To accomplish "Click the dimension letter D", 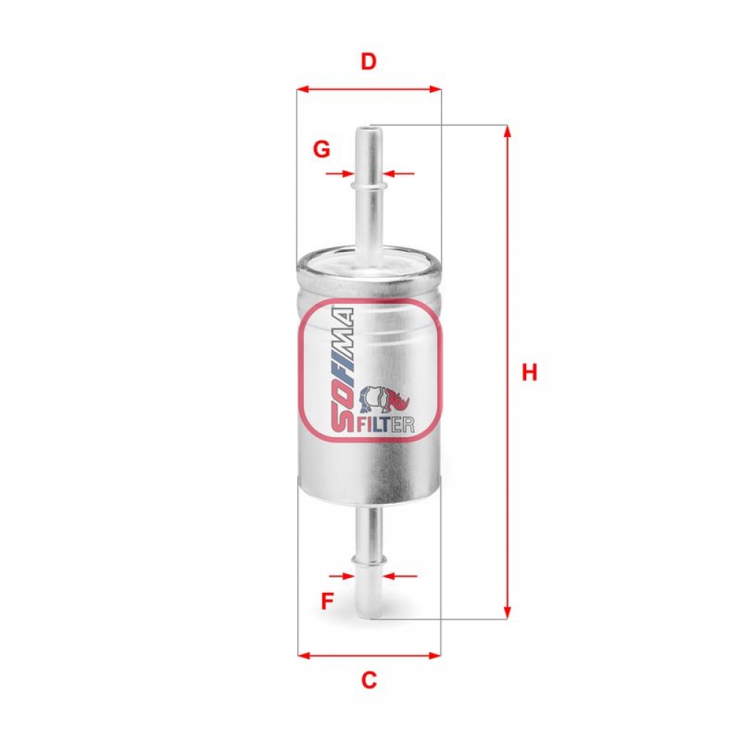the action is click(368, 62).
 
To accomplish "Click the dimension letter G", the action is click(322, 150).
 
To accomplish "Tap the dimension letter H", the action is click(529, 373).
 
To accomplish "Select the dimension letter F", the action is click(327, 601).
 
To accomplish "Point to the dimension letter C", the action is click(368, 680).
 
